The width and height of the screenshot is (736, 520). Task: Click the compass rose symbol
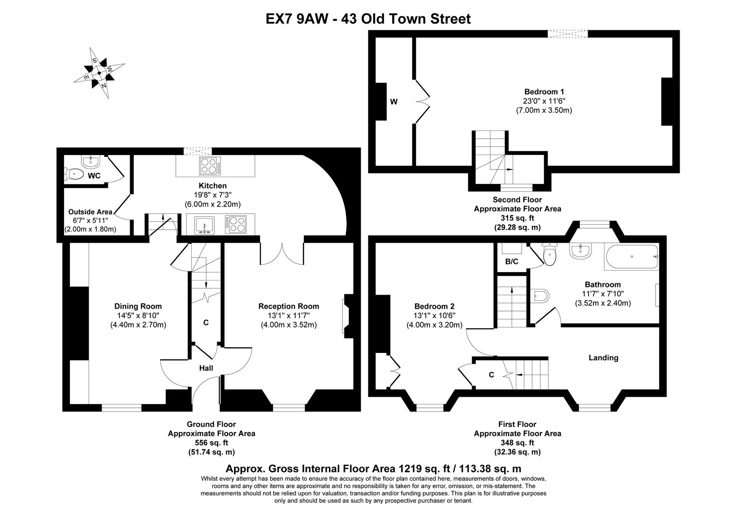point(99,73)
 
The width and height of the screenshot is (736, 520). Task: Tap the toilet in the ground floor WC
point(75,174)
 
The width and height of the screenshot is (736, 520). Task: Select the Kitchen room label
point(212,186)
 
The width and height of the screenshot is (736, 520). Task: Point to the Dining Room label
point(138,306)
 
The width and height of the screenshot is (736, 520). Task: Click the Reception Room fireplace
point(347,315)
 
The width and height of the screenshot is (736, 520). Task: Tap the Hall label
point(206,368)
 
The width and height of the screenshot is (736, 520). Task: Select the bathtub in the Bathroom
point(631,257)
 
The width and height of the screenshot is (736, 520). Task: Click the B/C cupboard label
point(512,262)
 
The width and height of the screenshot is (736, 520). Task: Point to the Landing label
point(604,358)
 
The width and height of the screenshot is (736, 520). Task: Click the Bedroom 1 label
point(544,92)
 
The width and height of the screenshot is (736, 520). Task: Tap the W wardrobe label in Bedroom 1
point(394,102)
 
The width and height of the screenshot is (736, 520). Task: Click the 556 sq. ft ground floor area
point(211,442)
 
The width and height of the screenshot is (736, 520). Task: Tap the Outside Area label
point(90,212)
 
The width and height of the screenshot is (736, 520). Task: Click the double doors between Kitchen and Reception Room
point(282,253)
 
